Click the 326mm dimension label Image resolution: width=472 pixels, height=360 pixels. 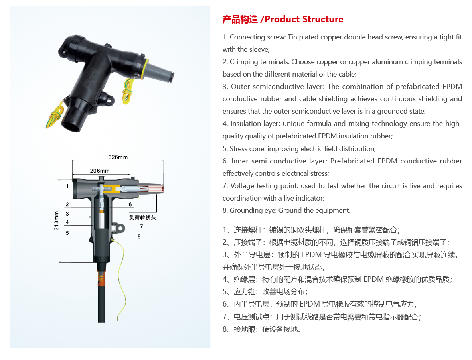[x=118, y=157]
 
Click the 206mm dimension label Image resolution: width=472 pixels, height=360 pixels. [x=100, y=171]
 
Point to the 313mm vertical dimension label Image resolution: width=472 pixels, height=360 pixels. [x=56, y=221]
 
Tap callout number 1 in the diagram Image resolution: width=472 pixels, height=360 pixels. [x=67, y=186]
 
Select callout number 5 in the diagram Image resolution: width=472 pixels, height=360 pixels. [x=67, y=233]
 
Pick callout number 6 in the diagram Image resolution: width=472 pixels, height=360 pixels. [x=130, y=205]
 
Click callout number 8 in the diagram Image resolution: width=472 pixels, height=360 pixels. [x=139, y=237]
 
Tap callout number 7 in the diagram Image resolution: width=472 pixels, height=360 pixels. [x=142, y=227]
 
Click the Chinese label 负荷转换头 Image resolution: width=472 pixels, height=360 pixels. [x=142, y=217]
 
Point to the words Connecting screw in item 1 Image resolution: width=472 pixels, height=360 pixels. [x=257, y=37]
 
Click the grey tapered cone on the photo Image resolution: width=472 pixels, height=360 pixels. [x=160, y=71]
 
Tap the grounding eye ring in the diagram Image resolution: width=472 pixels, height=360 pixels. [x=120, y=228]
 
